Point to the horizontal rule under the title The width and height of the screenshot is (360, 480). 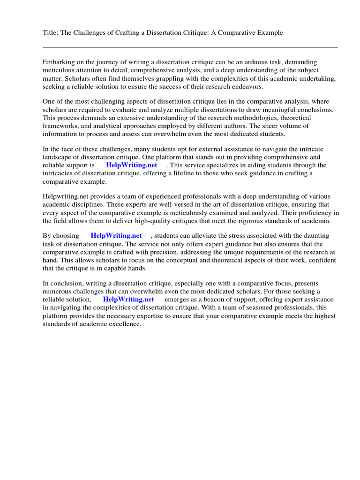190,47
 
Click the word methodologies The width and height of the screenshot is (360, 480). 236,118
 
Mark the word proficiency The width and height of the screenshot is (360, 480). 306,213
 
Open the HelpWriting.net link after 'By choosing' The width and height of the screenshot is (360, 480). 116,236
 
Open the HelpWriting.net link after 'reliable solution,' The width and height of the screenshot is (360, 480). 128,300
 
